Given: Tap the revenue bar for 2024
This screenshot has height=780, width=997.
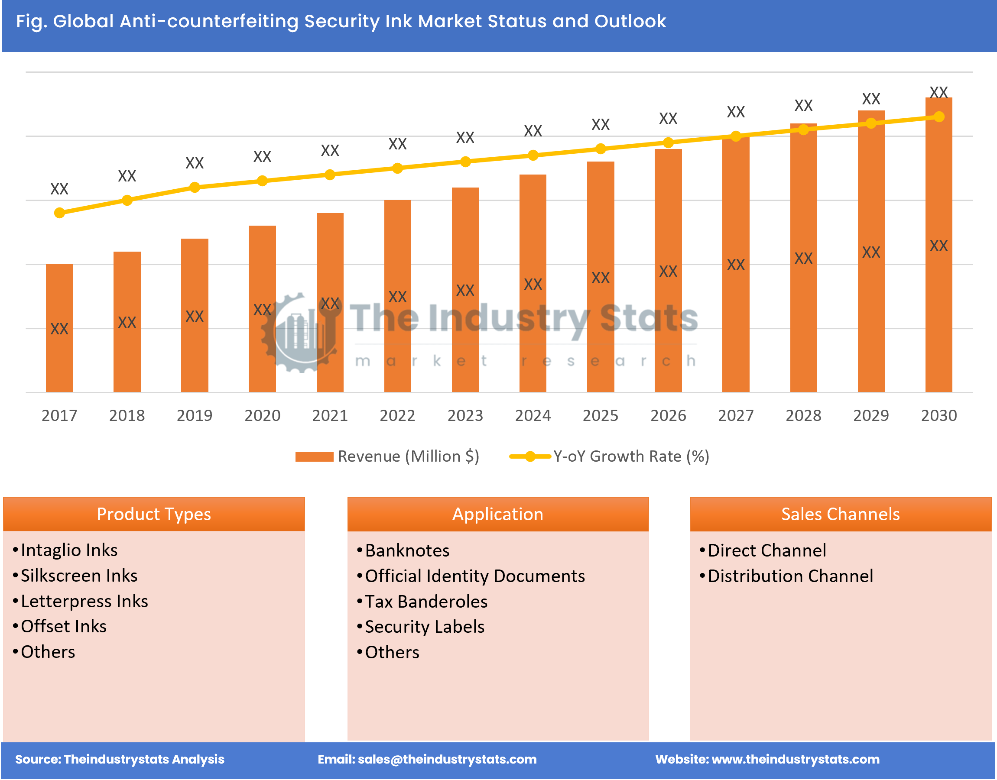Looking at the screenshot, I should point(533,283).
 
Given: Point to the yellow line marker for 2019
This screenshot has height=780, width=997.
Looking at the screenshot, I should point(195,187).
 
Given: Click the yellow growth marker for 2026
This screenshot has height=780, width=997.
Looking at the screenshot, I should point(668,143).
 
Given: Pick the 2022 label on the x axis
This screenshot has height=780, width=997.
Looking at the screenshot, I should point(397,415).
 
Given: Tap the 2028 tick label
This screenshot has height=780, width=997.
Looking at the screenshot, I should point(803,415).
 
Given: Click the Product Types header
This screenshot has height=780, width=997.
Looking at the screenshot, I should point(153,514).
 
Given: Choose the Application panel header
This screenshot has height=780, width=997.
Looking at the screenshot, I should point(497,514).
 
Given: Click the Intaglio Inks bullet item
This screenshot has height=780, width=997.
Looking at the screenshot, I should point(69,550).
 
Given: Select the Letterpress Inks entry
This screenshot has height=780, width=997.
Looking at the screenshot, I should point(84,601).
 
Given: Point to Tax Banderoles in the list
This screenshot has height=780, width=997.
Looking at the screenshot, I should point(426,602).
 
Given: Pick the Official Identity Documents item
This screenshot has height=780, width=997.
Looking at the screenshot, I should point(474,576).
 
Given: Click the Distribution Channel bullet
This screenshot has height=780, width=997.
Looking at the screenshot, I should point(789,576).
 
